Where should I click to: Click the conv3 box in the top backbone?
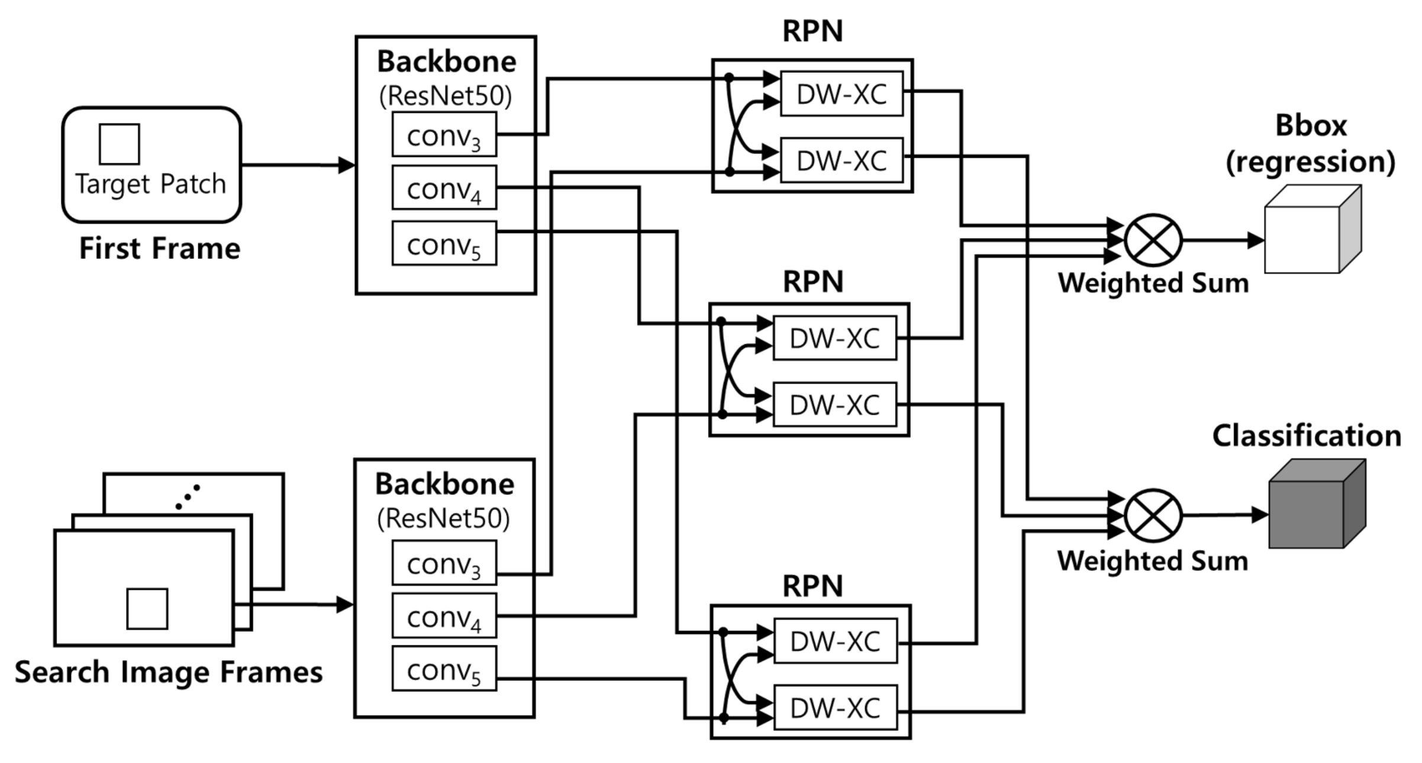coord(444,135)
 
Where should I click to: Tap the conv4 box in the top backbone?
coord(444,188)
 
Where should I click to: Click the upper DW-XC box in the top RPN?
coord(841,94)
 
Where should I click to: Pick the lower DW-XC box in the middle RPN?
coord(834,405)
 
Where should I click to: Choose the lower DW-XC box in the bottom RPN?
coord(835,708)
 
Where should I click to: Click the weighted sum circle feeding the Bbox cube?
coord(1153,241)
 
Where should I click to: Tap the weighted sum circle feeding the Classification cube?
coord(1153,516)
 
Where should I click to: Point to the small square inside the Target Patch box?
coord(119,144)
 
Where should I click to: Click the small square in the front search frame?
coord(147,609)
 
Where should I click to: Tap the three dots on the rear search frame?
coord(188,497)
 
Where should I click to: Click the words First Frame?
coord(160,248)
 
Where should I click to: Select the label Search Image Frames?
coord(169,673)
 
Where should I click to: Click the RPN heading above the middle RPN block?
coord(812,282)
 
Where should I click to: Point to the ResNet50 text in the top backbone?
coord(445,96)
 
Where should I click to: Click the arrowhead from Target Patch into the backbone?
coord(346,165)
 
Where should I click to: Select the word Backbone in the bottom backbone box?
coord(444,484)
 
